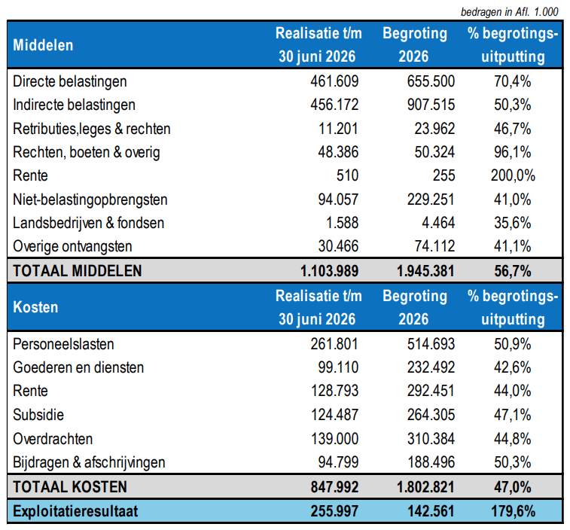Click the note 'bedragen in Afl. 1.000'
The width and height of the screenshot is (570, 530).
[509, 12]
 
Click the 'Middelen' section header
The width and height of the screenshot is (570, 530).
[43, 45]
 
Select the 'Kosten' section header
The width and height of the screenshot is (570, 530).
[35, 307]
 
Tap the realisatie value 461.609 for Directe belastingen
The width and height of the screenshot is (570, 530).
[334, 81]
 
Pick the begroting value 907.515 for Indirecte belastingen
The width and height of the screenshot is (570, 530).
[431, 105]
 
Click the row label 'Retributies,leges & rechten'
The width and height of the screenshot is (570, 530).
[92, 129]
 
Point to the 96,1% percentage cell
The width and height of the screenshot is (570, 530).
[512, 152]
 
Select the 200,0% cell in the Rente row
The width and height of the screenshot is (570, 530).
[513, 175]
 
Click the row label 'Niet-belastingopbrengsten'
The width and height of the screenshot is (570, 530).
[90, 200]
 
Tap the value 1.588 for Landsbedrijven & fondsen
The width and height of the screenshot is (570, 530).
[342, 223]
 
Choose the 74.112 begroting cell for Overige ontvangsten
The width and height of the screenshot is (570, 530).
[434, 246]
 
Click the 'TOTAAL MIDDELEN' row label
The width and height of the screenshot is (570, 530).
[78, 271]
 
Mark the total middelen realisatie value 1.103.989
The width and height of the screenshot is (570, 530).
[329, 271]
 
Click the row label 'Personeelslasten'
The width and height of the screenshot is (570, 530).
[63, 344]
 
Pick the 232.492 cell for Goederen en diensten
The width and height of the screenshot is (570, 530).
[431, 367]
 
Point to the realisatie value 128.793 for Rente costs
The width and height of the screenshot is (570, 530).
[334, 391]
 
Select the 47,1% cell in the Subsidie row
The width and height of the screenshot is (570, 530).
[512, 415]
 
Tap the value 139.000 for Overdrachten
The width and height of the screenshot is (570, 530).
[334, 439]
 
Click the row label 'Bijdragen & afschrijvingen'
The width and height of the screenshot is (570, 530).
[89, 463]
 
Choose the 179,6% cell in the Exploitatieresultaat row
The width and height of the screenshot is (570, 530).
[513, 511]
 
